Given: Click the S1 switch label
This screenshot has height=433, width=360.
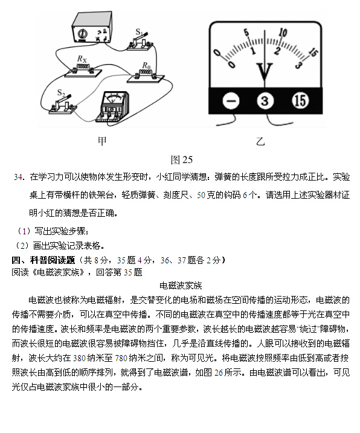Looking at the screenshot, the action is coord(139,32).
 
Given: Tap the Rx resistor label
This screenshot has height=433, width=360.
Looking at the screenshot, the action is coord(82,59).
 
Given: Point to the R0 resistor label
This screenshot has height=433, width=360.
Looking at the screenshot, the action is coord(146,66).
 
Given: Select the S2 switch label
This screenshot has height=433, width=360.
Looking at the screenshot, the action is coord(61,93).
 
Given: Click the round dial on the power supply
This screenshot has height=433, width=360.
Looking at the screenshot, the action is coord(82,34).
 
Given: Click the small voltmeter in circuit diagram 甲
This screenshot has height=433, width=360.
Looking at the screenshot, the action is coord(112,107).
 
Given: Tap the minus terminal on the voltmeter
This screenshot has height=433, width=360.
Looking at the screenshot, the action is coord(231,101).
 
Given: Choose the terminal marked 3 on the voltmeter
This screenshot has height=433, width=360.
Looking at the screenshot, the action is coord(265,101).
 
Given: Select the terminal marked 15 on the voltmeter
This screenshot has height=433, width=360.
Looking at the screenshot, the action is coord(300,100).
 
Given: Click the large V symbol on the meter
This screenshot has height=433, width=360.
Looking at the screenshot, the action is coord(265,71).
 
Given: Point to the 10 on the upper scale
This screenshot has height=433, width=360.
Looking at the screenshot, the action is coord(283,33).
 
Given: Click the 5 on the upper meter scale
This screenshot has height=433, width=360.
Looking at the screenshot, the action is coord(246,33).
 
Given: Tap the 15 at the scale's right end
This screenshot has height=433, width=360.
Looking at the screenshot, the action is coord(313,52).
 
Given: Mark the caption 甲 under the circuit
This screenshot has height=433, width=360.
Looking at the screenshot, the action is coord(102,141).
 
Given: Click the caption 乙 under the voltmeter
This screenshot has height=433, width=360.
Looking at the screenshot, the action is coord(260,141).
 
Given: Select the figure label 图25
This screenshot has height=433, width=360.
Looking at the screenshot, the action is coord(182,159).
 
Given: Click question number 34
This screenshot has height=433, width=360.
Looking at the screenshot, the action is coord(18,177).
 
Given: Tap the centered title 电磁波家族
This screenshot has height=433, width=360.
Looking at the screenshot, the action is coord(181,285).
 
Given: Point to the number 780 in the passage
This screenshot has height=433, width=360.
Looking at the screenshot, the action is coord(121,358).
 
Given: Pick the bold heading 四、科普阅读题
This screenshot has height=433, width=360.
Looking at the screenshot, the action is coord(43,260).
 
